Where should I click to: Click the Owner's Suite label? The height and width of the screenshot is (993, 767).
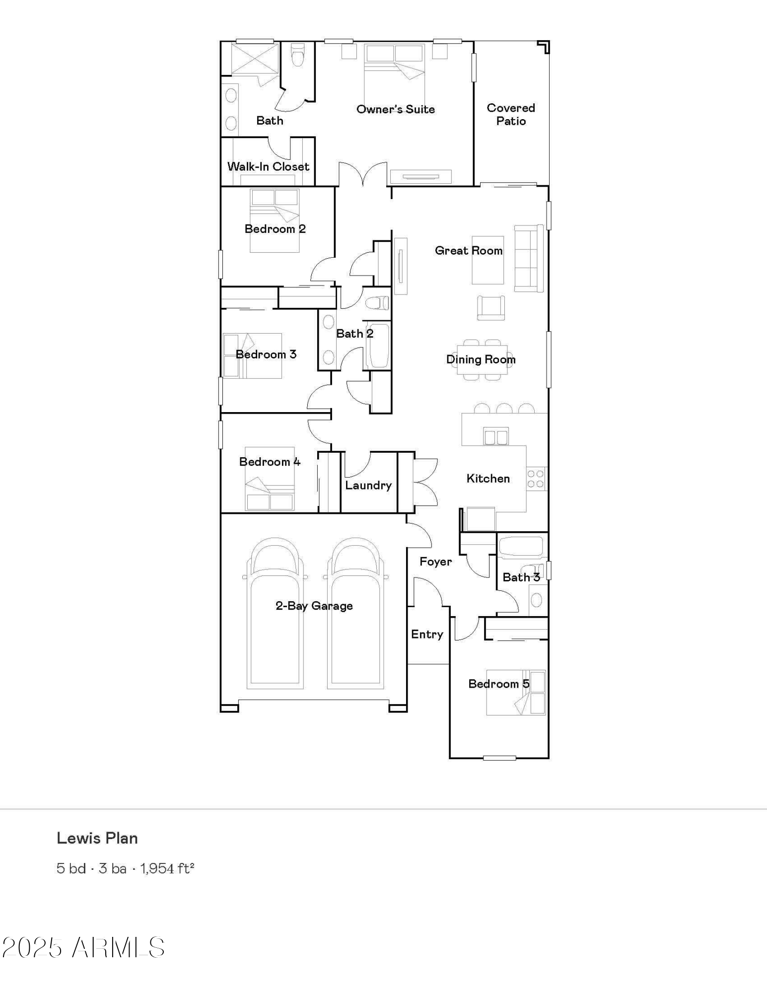[x=396, y=109]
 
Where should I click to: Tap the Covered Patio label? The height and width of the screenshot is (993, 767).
[x=511, y=114]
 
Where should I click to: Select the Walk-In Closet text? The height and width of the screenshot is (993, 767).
[x=268, y=166]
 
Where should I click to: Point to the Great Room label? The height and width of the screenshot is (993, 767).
[x=469, y=250]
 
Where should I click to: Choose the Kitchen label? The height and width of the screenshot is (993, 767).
[x=488, y=478]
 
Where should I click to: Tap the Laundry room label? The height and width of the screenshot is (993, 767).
[x=368, y=486]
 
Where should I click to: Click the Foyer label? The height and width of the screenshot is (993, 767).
[x=436, y=562]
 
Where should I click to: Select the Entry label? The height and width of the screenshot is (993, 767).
[x=427, y=634]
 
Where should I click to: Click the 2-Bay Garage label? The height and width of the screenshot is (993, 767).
[x=314, y=606]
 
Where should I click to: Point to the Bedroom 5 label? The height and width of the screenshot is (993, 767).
[x=499, y=684]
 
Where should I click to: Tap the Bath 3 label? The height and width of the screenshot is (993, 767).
[x=521, y=577]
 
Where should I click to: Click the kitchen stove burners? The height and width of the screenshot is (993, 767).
[x=536, y=479]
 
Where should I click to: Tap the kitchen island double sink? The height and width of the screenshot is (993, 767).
[x=495, y=436]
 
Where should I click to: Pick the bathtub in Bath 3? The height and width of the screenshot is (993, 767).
[x=521, y=546]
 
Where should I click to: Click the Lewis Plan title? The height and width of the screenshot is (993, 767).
[x=97, y=838]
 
